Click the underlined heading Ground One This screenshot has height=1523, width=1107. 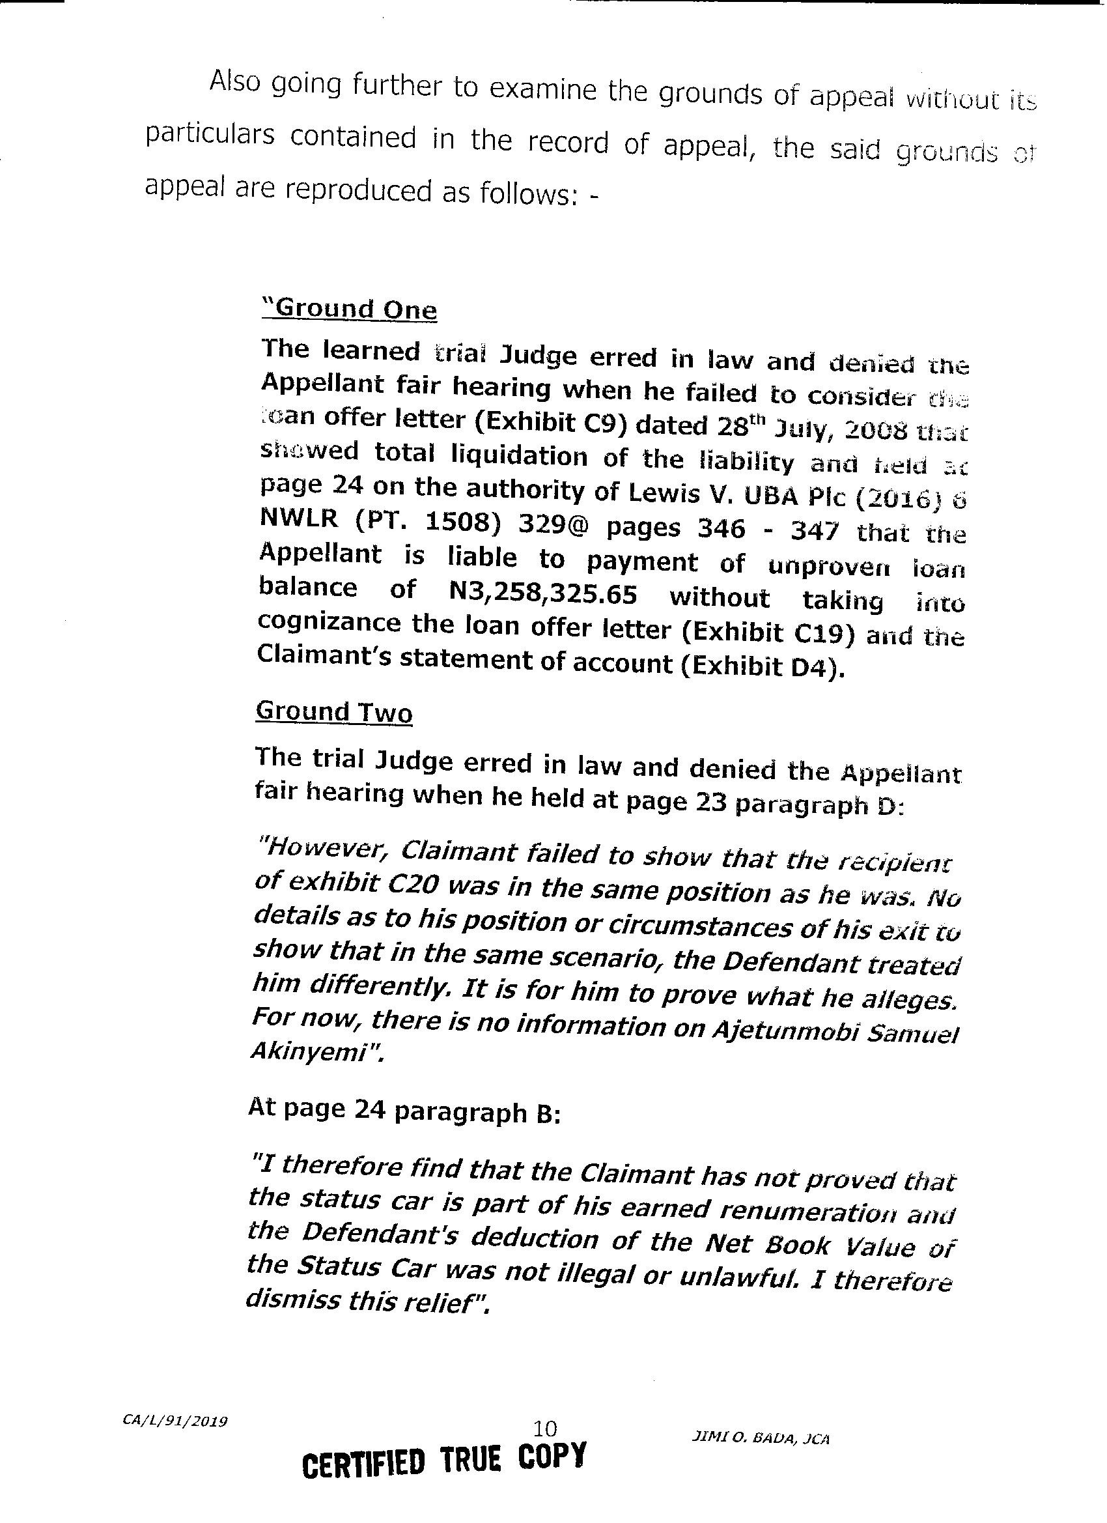(350, 309)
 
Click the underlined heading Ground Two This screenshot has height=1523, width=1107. (333, 712)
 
